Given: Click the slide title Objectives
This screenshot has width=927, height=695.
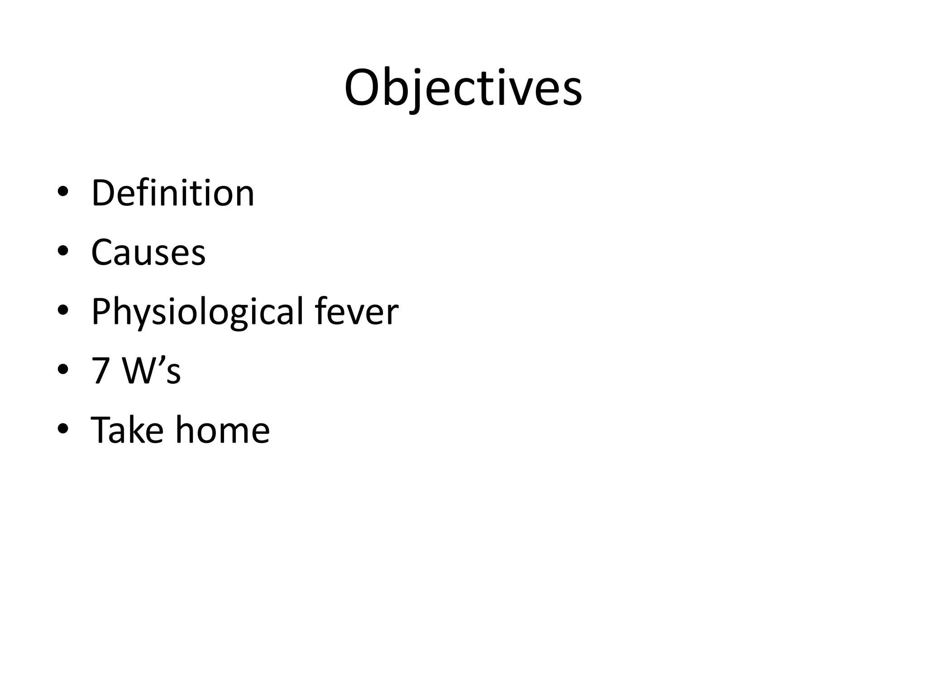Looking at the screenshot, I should [463, 88].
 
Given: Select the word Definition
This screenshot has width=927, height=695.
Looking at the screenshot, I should [173, 193].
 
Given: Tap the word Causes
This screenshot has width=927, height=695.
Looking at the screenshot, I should [148, 252].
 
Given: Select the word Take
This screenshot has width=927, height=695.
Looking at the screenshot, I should [127, 429].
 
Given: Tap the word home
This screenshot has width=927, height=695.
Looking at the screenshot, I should [222, 429].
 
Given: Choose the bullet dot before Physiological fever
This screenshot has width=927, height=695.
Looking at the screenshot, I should [63, 310].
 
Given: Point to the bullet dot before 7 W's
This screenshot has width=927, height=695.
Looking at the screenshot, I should [63, 370].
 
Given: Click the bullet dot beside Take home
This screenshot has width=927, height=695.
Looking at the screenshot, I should [63, 429].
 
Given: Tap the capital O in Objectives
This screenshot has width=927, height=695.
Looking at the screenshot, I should [364, 88].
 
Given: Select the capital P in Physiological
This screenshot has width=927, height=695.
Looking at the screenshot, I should [101, 311].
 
